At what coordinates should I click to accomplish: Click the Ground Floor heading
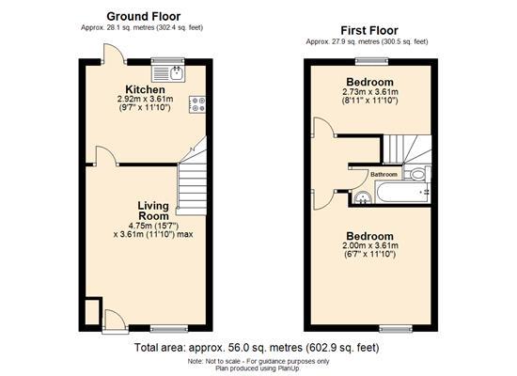pos(144,16)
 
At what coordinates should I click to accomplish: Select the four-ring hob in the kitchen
pos(198,105)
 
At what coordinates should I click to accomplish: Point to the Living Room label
pos(153,211)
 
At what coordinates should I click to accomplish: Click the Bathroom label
pos(383,175)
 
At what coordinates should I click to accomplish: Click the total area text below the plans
pos(257,347)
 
